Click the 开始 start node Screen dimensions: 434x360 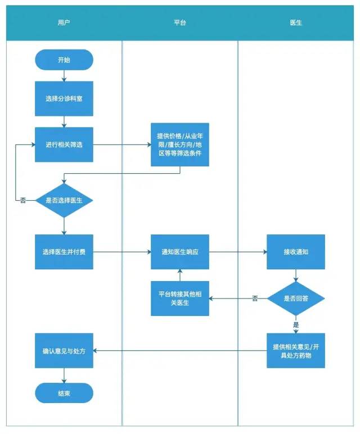click(64, 60)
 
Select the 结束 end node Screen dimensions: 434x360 click(64, 393)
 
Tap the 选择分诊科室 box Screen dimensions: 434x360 click(64, 98)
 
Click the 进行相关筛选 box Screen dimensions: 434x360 click(64, 144)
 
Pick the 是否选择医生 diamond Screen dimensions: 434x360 click(64, 200)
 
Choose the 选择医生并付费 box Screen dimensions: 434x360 click(64, 251)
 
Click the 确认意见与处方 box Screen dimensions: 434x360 click(64, 350)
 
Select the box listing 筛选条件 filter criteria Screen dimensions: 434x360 click(179, 144)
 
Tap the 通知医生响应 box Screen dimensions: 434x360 click(179, 251)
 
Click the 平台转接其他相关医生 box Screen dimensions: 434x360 click(179, 299)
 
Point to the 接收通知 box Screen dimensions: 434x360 click(296, 251)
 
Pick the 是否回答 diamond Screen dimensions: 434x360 click(296, 299)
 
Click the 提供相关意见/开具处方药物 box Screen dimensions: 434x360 click(296, 350)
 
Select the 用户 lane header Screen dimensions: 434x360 click(64, 23)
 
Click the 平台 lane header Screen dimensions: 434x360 click(180, 23)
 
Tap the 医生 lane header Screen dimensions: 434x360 click(296, 23)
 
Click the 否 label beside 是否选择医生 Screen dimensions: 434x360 click(23, 200)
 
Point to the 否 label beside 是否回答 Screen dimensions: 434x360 click(255, 299)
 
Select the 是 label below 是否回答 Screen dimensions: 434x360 click(296, 324)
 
